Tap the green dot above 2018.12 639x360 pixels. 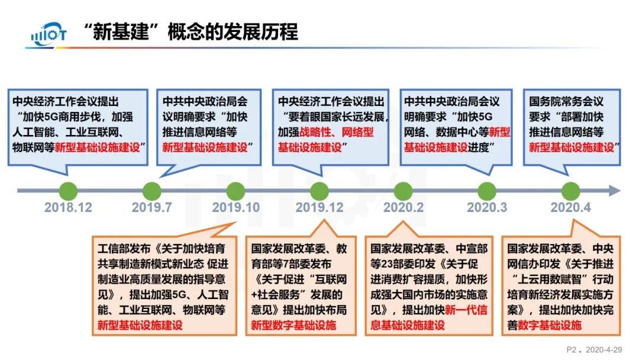[x=69, y=191]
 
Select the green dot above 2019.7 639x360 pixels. [x=152, y=191]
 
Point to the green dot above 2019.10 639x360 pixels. [x=235, y=191]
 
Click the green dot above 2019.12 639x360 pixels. [x=319, y=191]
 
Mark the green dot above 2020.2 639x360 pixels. [x=403, y=191]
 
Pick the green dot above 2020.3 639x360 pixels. [x=487, y=191]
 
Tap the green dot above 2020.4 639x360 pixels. [x=570, y=191]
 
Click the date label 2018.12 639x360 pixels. [x=69, y=208]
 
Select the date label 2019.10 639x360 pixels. [x=235, y=208]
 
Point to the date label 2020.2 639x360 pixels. [x=403, y=208]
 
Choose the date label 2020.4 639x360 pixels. [x=570, y=208]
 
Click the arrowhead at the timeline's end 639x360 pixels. [x=615, y=191]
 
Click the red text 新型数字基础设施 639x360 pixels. [x=293, y=324]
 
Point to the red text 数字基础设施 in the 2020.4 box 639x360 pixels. [x=550, y=324]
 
